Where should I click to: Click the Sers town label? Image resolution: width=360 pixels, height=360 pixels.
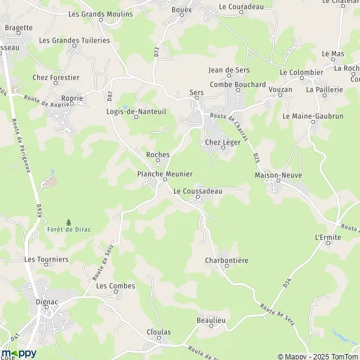[x=197, y=92]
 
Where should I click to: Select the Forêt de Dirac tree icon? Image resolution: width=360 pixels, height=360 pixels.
[x=68, y=222]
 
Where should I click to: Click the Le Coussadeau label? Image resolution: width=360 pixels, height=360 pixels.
[x=197, y=191]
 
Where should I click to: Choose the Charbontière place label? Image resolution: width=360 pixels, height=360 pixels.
[x=226, y=260]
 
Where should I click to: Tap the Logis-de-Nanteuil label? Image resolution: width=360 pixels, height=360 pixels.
[x=136, y=111]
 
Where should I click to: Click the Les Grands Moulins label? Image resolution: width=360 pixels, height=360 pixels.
[x=100, y=14]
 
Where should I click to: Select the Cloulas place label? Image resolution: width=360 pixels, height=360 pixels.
[x=158, y=332]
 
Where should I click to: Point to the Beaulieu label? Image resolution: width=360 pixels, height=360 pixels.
[x=211, y=321]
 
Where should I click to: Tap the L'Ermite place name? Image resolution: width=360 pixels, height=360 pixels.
[x=328, y=238]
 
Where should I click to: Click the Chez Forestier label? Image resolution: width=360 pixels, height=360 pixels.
[x=56, y=77]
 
